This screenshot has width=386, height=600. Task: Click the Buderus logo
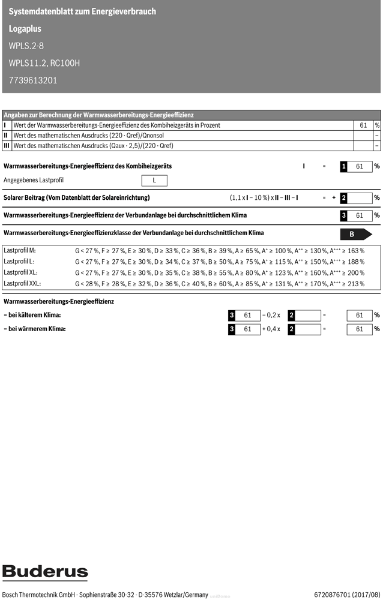point(45,573)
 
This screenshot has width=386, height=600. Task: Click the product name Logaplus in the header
point(26,28)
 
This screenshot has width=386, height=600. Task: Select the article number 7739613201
point(33,80)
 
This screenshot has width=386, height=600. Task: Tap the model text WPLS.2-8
point(26,46)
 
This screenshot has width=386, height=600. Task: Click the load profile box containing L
point(154,181)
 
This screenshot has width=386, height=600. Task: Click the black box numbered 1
point(344,166)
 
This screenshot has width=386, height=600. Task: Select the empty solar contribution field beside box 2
point(360,197)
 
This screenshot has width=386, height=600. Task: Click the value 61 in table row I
point(363,125)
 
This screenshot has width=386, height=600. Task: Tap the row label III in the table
point(7,145)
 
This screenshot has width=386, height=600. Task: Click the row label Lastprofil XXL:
point(22,283)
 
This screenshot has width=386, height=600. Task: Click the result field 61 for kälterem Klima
point(360,315)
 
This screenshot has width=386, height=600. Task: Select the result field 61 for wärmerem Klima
point(360,329)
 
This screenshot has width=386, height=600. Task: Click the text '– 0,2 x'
point(271,315)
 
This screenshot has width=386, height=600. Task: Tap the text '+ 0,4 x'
point(271,329)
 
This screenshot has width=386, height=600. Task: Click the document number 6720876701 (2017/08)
point(347,595)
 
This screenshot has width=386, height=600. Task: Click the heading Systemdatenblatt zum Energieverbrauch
point(82,11)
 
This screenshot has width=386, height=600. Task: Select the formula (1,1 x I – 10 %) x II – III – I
point(264,197)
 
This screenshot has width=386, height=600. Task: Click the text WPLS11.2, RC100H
point(44,63)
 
